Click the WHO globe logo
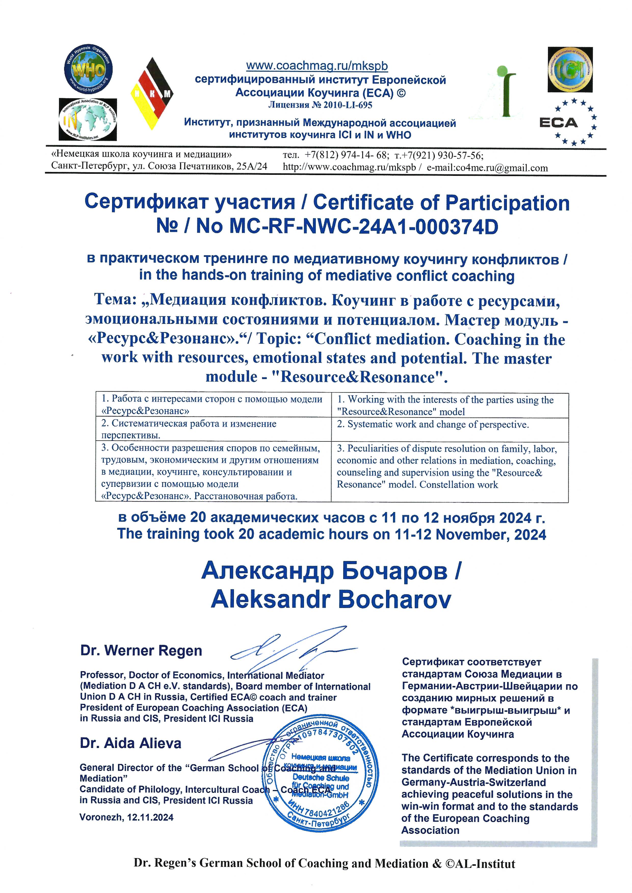point(88,69)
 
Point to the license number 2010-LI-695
point(320,105)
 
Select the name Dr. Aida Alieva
point(130,743)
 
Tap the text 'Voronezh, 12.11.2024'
point(126,817)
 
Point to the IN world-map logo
point(88,120)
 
